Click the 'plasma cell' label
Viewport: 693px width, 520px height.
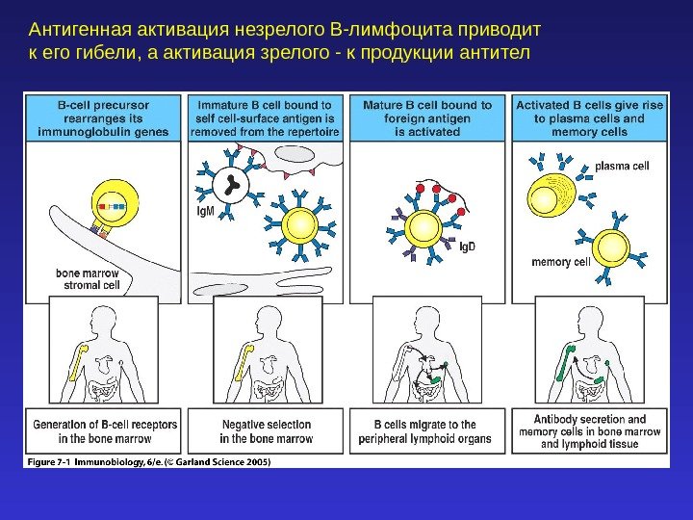622,166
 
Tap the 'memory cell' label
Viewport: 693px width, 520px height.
560,261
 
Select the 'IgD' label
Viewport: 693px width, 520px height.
467,246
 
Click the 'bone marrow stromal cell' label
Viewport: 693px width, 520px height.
91,279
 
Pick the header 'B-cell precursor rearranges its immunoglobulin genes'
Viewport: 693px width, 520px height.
101,117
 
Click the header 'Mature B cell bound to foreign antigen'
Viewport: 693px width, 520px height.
428,117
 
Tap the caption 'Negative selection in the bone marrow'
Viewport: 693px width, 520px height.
267,431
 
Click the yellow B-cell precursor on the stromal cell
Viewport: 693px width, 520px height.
112,203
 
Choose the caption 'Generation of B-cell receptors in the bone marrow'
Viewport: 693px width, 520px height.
103,431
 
